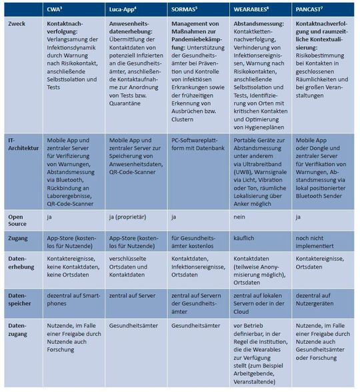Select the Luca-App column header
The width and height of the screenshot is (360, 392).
pos(124,9)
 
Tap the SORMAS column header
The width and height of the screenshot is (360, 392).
pos(184,9)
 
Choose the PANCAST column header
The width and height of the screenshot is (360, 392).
pos(311,9)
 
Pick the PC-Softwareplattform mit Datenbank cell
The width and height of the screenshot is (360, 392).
pos(197,145)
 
